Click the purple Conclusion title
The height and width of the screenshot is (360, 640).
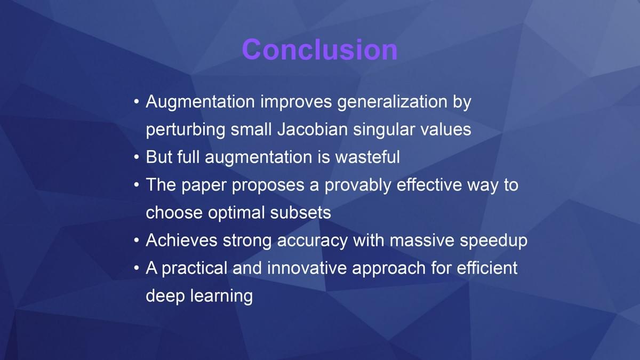pos(319,50)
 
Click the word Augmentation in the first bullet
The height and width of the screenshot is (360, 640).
pos(201,102)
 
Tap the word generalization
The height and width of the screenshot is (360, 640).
pos(393,102)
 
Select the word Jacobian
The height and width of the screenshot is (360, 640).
pos(313,129)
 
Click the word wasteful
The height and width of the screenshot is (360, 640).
pos(367,157)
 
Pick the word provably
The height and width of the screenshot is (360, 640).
pos(358,186)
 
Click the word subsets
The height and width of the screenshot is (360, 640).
pos(301,213)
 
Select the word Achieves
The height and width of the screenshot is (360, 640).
pos(181,240)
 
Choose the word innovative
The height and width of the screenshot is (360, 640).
pos(307,268)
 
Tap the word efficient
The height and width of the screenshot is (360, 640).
pos(487,268)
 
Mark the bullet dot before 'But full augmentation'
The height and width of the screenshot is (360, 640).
pos(137,157)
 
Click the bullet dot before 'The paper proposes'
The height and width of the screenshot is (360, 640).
pos(137,185)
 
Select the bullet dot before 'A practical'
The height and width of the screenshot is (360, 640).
pos(137,268)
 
